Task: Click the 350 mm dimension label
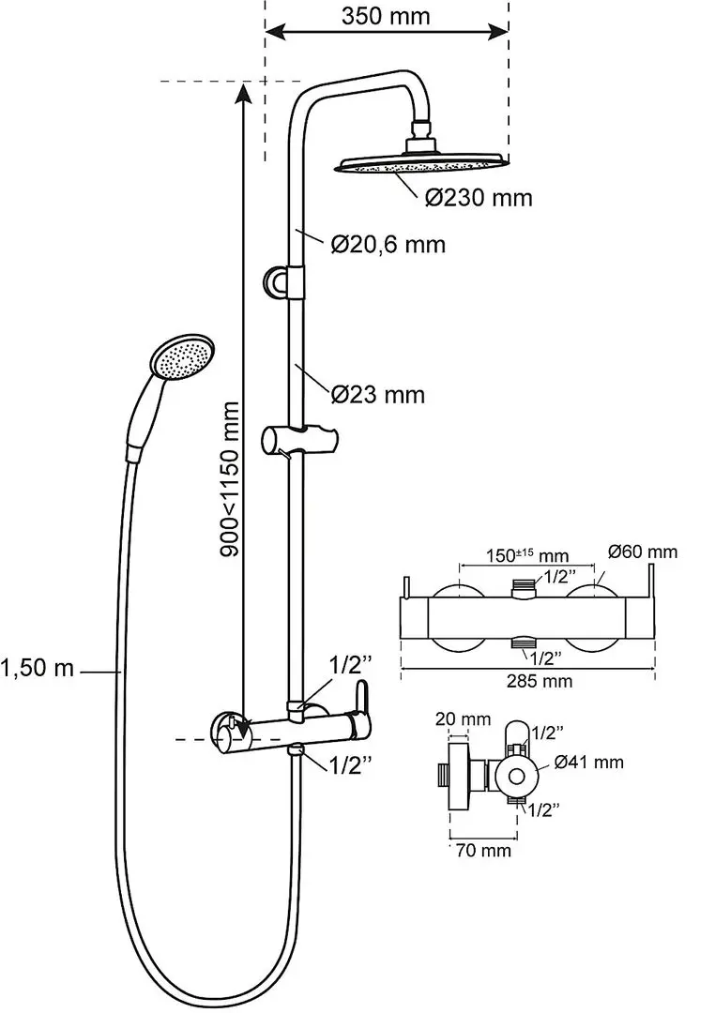point(386,16)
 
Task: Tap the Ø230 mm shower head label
point(477,198)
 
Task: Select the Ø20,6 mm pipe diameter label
point(388,245)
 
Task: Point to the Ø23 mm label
point(377,395)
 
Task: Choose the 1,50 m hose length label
point(38,670)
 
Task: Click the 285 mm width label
point(527,681)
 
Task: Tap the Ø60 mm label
point(642,552)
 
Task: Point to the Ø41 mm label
point(589,763)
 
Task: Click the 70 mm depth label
point(482,851)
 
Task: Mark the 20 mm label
point(462,719)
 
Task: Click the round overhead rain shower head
point(419,166)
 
